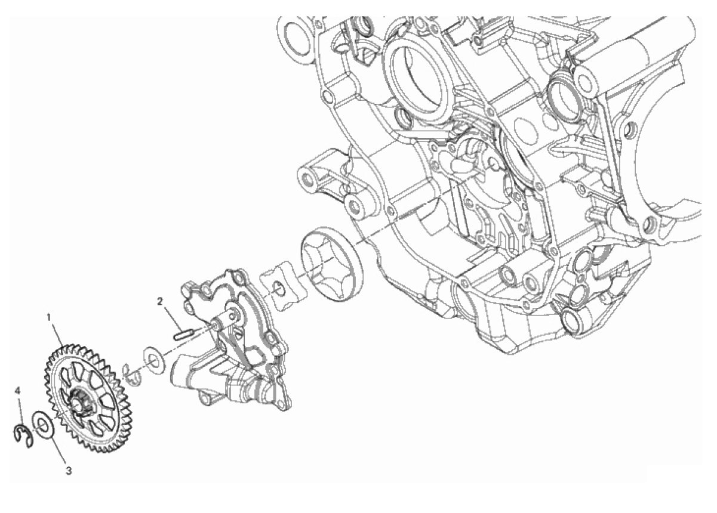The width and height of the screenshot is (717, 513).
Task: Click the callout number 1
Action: pos(49,317)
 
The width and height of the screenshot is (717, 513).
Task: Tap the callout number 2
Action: pos(160,301)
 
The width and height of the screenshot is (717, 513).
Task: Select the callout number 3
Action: pos(69,471)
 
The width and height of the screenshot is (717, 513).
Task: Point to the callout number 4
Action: pos(17,391)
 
